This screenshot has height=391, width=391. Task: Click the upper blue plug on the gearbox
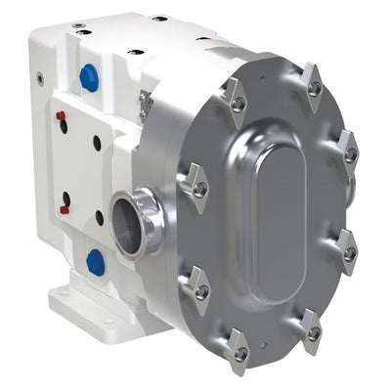point(89,78)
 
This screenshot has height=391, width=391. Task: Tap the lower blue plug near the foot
point(95,261)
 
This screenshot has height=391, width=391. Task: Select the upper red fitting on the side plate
point(61,119)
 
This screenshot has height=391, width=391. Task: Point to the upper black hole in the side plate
point(97,143)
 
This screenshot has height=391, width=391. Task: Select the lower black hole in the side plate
point(99,217)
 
